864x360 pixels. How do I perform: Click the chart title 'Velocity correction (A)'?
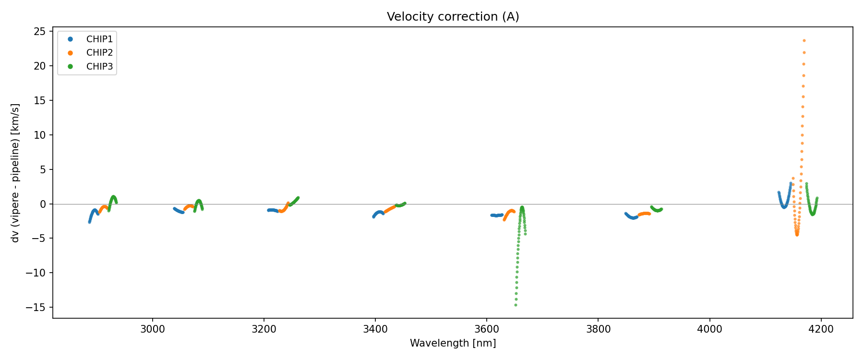pos(453,17)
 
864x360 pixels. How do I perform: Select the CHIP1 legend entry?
pos(99,39)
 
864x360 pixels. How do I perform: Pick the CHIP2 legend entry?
pos(99,53)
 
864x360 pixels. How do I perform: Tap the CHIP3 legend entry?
pos(99,67)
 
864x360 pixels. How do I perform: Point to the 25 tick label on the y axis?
pos(40,32)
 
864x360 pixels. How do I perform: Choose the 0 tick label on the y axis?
pos(43,204)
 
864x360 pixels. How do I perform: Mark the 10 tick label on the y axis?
pos(40,135)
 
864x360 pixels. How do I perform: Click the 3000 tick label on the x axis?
pos(153,329)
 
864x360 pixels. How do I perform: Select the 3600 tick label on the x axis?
pos(487,329)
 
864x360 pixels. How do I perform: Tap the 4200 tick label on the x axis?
pos(821,329)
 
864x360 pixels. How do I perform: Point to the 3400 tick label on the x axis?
pos(375,329)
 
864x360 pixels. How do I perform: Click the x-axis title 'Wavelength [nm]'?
pos(453,343)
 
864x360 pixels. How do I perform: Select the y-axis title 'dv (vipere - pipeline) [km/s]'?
pos(15,173)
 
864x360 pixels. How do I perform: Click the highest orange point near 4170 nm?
pos(804,41)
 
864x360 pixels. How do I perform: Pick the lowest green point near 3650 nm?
pos(516,305)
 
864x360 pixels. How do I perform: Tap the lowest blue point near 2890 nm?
pos(89,222)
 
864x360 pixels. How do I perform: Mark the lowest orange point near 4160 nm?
pos(797,235)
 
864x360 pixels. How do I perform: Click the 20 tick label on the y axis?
pos(40,66)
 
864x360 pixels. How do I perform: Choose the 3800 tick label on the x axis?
pos(598,329)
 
